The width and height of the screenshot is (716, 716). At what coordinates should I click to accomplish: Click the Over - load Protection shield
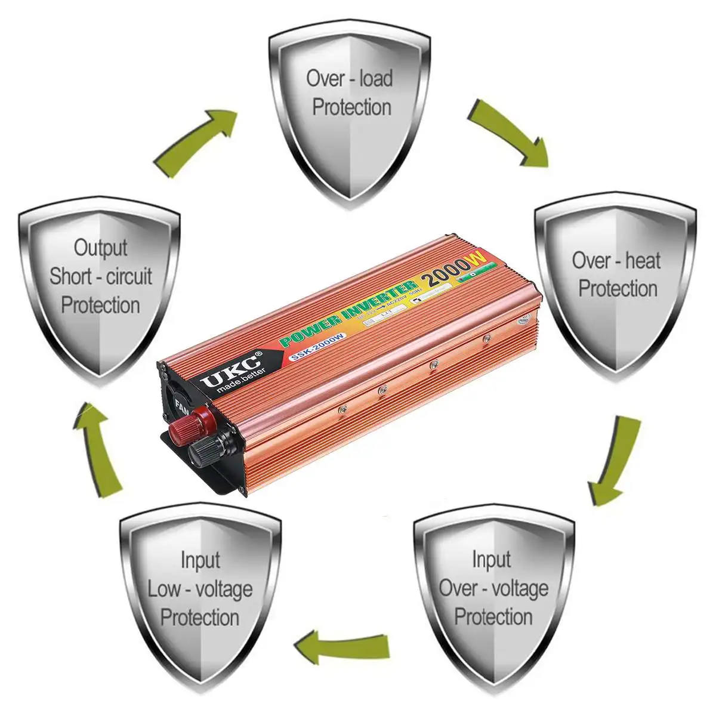(350, 113)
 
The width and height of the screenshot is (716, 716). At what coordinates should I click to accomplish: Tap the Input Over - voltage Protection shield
(493, 597)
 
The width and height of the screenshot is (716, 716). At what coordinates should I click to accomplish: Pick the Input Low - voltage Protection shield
(200, 597)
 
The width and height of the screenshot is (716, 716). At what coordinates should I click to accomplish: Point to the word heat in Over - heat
(643, 261)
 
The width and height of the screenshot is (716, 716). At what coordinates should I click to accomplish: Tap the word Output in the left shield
(100, 247)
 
